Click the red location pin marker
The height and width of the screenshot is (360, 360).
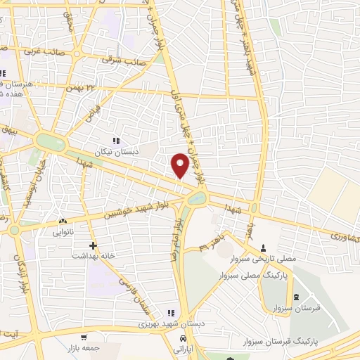pyautogui.click(x=181, y=165)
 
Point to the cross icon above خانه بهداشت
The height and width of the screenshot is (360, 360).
pyautogui.click(x=92, y=246)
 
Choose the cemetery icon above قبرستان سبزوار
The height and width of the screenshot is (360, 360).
pyautogui.click(x=296, y=297)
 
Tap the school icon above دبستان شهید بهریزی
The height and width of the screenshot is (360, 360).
pyautogui.click(x=169, y=313)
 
